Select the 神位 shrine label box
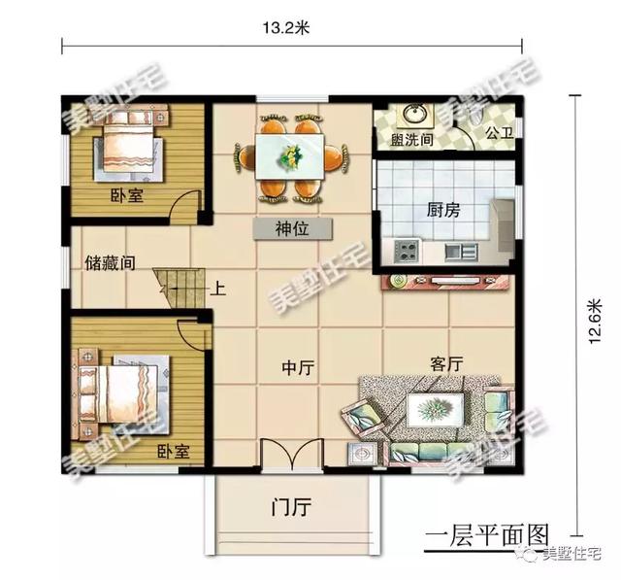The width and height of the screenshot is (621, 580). [x=292, y=229]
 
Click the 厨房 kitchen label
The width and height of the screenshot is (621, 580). [x=442, y=209]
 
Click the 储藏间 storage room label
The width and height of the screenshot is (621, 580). [x=110, y=262]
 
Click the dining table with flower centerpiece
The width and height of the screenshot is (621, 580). [x=291, y=154]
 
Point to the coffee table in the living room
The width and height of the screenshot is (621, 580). [x=427, y=410]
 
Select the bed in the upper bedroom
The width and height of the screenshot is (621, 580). [x=126, y=146]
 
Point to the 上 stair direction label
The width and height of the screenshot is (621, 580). [x=219, y=289]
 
